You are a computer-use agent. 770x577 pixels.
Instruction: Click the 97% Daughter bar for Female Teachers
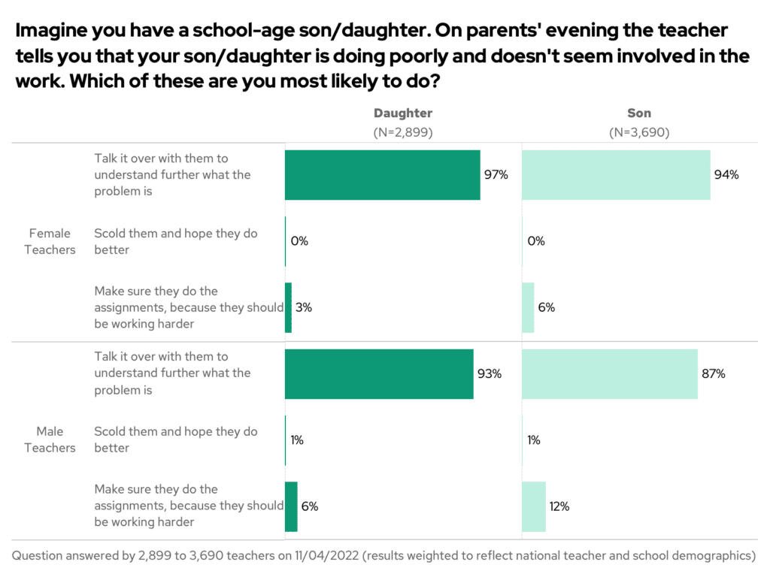click(382, 175)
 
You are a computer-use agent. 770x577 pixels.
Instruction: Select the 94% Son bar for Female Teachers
click(616, 175)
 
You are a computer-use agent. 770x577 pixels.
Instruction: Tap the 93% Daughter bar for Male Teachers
click(379, 373)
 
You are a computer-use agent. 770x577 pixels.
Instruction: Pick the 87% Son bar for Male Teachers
click(609, 373)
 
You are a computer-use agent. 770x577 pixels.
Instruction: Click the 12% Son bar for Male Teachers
click(533, 506)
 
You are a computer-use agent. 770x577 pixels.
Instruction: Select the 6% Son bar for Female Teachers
click(528, 307)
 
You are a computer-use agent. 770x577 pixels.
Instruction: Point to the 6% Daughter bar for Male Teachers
click(291, 506)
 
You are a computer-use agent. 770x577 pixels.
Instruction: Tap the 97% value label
click(496, 175)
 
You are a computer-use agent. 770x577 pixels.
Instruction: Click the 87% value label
click(713, 373)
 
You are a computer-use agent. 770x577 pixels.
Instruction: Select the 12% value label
click(559, 506)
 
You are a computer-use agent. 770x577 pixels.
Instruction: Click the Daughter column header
click(403, 113)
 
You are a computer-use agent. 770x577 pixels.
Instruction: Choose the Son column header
click(639, 113)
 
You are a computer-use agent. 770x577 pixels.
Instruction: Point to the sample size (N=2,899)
click(403, 131)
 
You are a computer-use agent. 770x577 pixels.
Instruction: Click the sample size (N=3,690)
click(639, 131)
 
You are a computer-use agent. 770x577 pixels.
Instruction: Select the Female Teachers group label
click(50, 241)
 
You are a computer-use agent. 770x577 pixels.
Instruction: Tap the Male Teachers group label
click(50, 440)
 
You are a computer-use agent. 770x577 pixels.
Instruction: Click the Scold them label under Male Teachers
click(176, 440)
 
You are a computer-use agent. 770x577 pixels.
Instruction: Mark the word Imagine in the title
click(51, 31)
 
